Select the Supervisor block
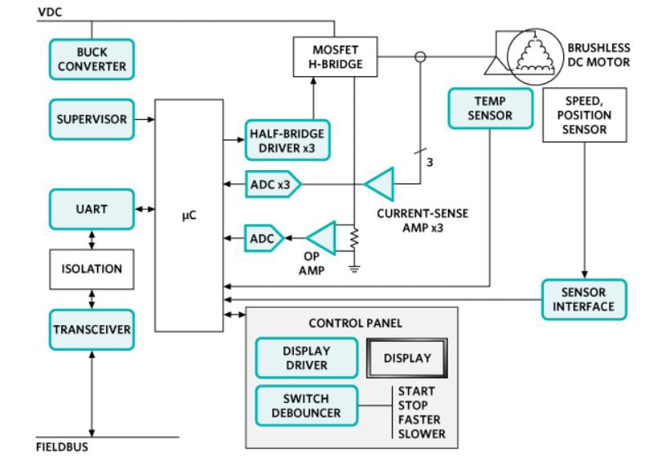pyautogui.click(x=91, y=119)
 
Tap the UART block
pyautogui.click(x=91, y=209)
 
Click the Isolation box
pyautogui.click(x=91, y=269)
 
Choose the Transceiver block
pyautogui.click(x=91, y=329)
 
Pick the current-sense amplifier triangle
pyautogui.click(x=381, y=184)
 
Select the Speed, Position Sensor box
pyautogui.click(x=584, y=114)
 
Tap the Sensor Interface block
pyautogui.click(x=584, y=299)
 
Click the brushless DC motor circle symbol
pyautogui.click(x=535, y=57)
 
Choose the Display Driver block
pyautogui.click(x=306, y=357)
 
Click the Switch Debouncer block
pyautogui.click(x=306, y=405)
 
